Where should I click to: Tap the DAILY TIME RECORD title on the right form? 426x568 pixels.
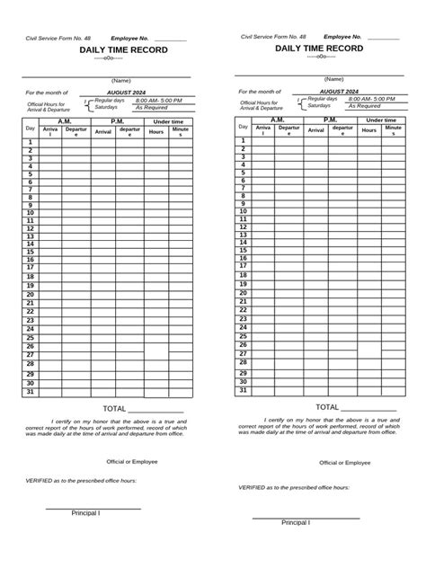coord(319,48)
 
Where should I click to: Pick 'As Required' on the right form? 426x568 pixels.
coord(365,105)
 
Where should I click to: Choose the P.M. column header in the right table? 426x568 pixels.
coord(330,120)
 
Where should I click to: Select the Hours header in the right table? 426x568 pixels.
coord(368,130)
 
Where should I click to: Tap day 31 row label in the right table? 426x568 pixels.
coord(243,390)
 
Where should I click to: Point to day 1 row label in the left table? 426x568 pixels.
coord(30,142)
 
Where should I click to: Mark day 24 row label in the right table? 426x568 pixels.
coord(243,328)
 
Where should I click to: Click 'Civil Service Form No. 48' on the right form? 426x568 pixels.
coord(272,37)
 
